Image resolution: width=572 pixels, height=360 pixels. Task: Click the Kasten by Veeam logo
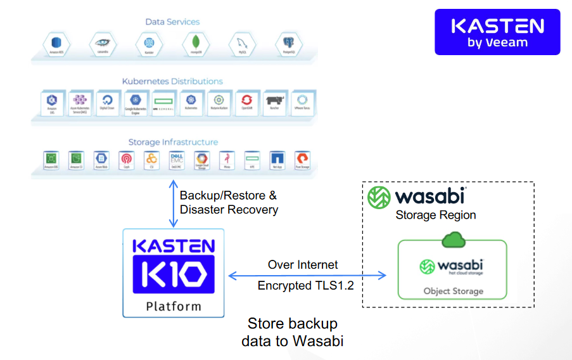pyautogui.click(x=497, y=32)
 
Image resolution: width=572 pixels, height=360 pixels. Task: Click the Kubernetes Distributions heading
pyautogui.click(x=172, y=81)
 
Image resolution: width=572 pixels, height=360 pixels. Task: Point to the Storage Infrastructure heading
pyautogui.click(x=173, y=142)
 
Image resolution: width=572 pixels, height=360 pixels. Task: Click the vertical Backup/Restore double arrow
pyautogui.click(x=172, y=203)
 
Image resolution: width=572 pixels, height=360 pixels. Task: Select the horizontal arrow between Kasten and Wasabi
pyautogui.click(x=307, y=275)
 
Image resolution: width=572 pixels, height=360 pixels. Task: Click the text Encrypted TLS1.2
pyautogui.click(x=305, y=286)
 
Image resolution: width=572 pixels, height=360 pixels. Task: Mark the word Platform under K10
pyautogui.click(x=174, y=306)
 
